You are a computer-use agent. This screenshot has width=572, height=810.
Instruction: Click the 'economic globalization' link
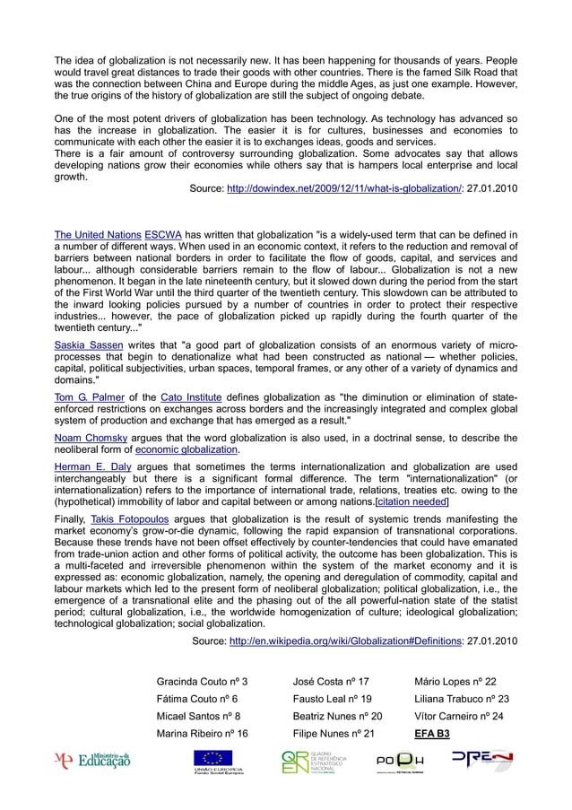[186, 449]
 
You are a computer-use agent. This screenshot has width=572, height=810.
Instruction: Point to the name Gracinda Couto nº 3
[203, 682]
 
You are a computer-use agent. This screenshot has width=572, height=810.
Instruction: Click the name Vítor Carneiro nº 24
[458, 716]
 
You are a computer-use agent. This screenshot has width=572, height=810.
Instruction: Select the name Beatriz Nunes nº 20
[337, 716]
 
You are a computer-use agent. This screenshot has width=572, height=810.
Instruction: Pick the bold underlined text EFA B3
[432, 733]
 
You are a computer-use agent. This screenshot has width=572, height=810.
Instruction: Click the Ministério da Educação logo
[92, 762]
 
